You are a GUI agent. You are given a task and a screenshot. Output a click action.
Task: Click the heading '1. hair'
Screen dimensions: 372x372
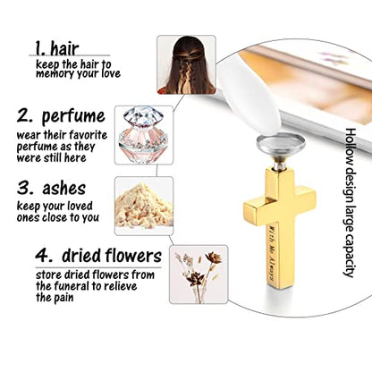(57, 48)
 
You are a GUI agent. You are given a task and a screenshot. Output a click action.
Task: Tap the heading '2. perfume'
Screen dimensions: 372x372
(61, 116)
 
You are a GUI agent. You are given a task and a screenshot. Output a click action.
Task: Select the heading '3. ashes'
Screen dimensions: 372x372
(51, 189)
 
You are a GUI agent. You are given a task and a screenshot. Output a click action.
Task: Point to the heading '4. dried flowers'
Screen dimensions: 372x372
(98, 256)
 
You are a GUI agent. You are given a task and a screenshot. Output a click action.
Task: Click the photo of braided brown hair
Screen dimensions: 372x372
(186, 64)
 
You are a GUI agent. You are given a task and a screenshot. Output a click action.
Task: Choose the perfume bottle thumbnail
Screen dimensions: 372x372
(144, 135)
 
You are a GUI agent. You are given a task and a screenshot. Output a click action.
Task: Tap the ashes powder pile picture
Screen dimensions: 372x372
(144, 206)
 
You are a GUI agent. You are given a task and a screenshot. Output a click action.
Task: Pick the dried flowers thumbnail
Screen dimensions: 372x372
(199, 275)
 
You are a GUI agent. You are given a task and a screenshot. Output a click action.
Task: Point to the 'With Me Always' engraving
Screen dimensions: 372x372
(271, 252)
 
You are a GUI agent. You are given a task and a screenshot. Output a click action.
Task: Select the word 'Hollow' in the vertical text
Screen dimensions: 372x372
(351, 146)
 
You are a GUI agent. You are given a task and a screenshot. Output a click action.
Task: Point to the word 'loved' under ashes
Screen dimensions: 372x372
(80, 206)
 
